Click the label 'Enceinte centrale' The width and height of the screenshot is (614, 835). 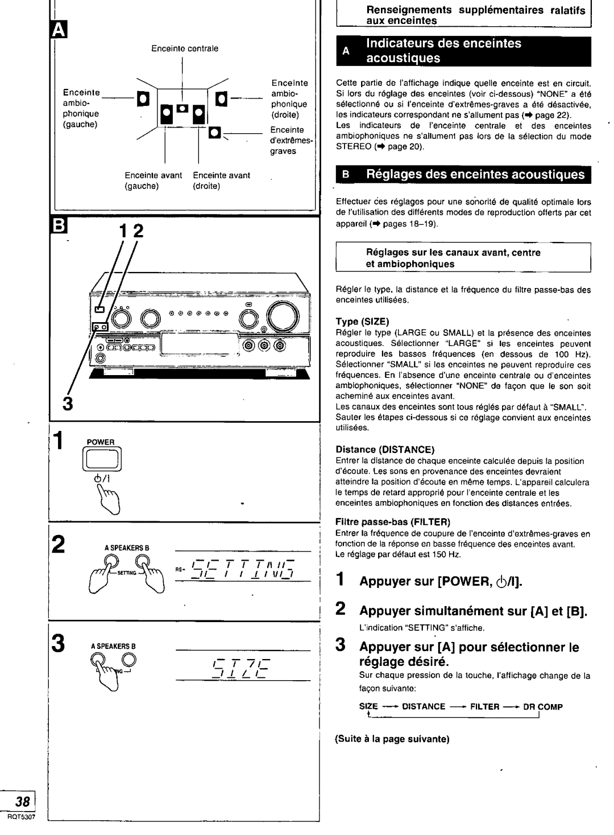click(184, 49)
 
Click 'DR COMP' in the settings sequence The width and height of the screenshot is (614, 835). click(542, 706)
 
